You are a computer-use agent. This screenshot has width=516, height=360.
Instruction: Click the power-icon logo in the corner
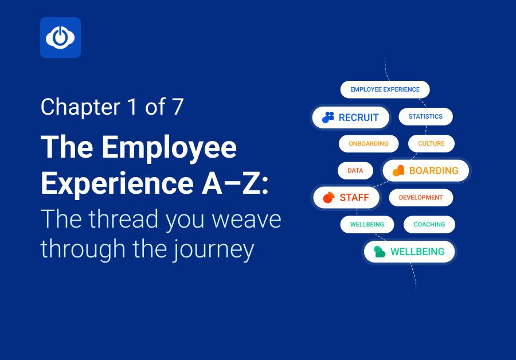tap(60, 38)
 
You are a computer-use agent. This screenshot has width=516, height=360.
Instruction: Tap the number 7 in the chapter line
tap(177, 107)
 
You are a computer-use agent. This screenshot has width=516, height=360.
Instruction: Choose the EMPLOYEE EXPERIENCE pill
tap(385, 89)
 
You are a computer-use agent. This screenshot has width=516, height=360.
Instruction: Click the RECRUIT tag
tap(351, 118)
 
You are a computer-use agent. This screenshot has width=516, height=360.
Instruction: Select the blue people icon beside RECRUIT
tap(328, 118)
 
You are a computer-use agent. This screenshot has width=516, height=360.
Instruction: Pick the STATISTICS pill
tap(425, 116)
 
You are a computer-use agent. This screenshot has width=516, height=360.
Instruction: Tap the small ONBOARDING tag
tap(368, 143)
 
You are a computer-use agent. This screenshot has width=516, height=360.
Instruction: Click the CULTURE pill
tap(431, 143)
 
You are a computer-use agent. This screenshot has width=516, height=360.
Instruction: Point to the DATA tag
tap(355, 170)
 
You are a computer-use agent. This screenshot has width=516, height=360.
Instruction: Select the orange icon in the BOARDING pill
tap(398, 170)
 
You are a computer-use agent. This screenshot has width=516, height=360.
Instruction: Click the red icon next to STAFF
tap(329, 198)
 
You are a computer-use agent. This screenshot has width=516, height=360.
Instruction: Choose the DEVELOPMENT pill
tap(421, 197)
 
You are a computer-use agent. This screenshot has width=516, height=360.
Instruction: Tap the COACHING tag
tap(429, 225)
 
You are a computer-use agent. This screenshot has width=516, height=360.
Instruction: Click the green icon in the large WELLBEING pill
tap(379, 252)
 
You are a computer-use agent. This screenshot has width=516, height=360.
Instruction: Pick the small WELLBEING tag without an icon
tap(367, 225)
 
